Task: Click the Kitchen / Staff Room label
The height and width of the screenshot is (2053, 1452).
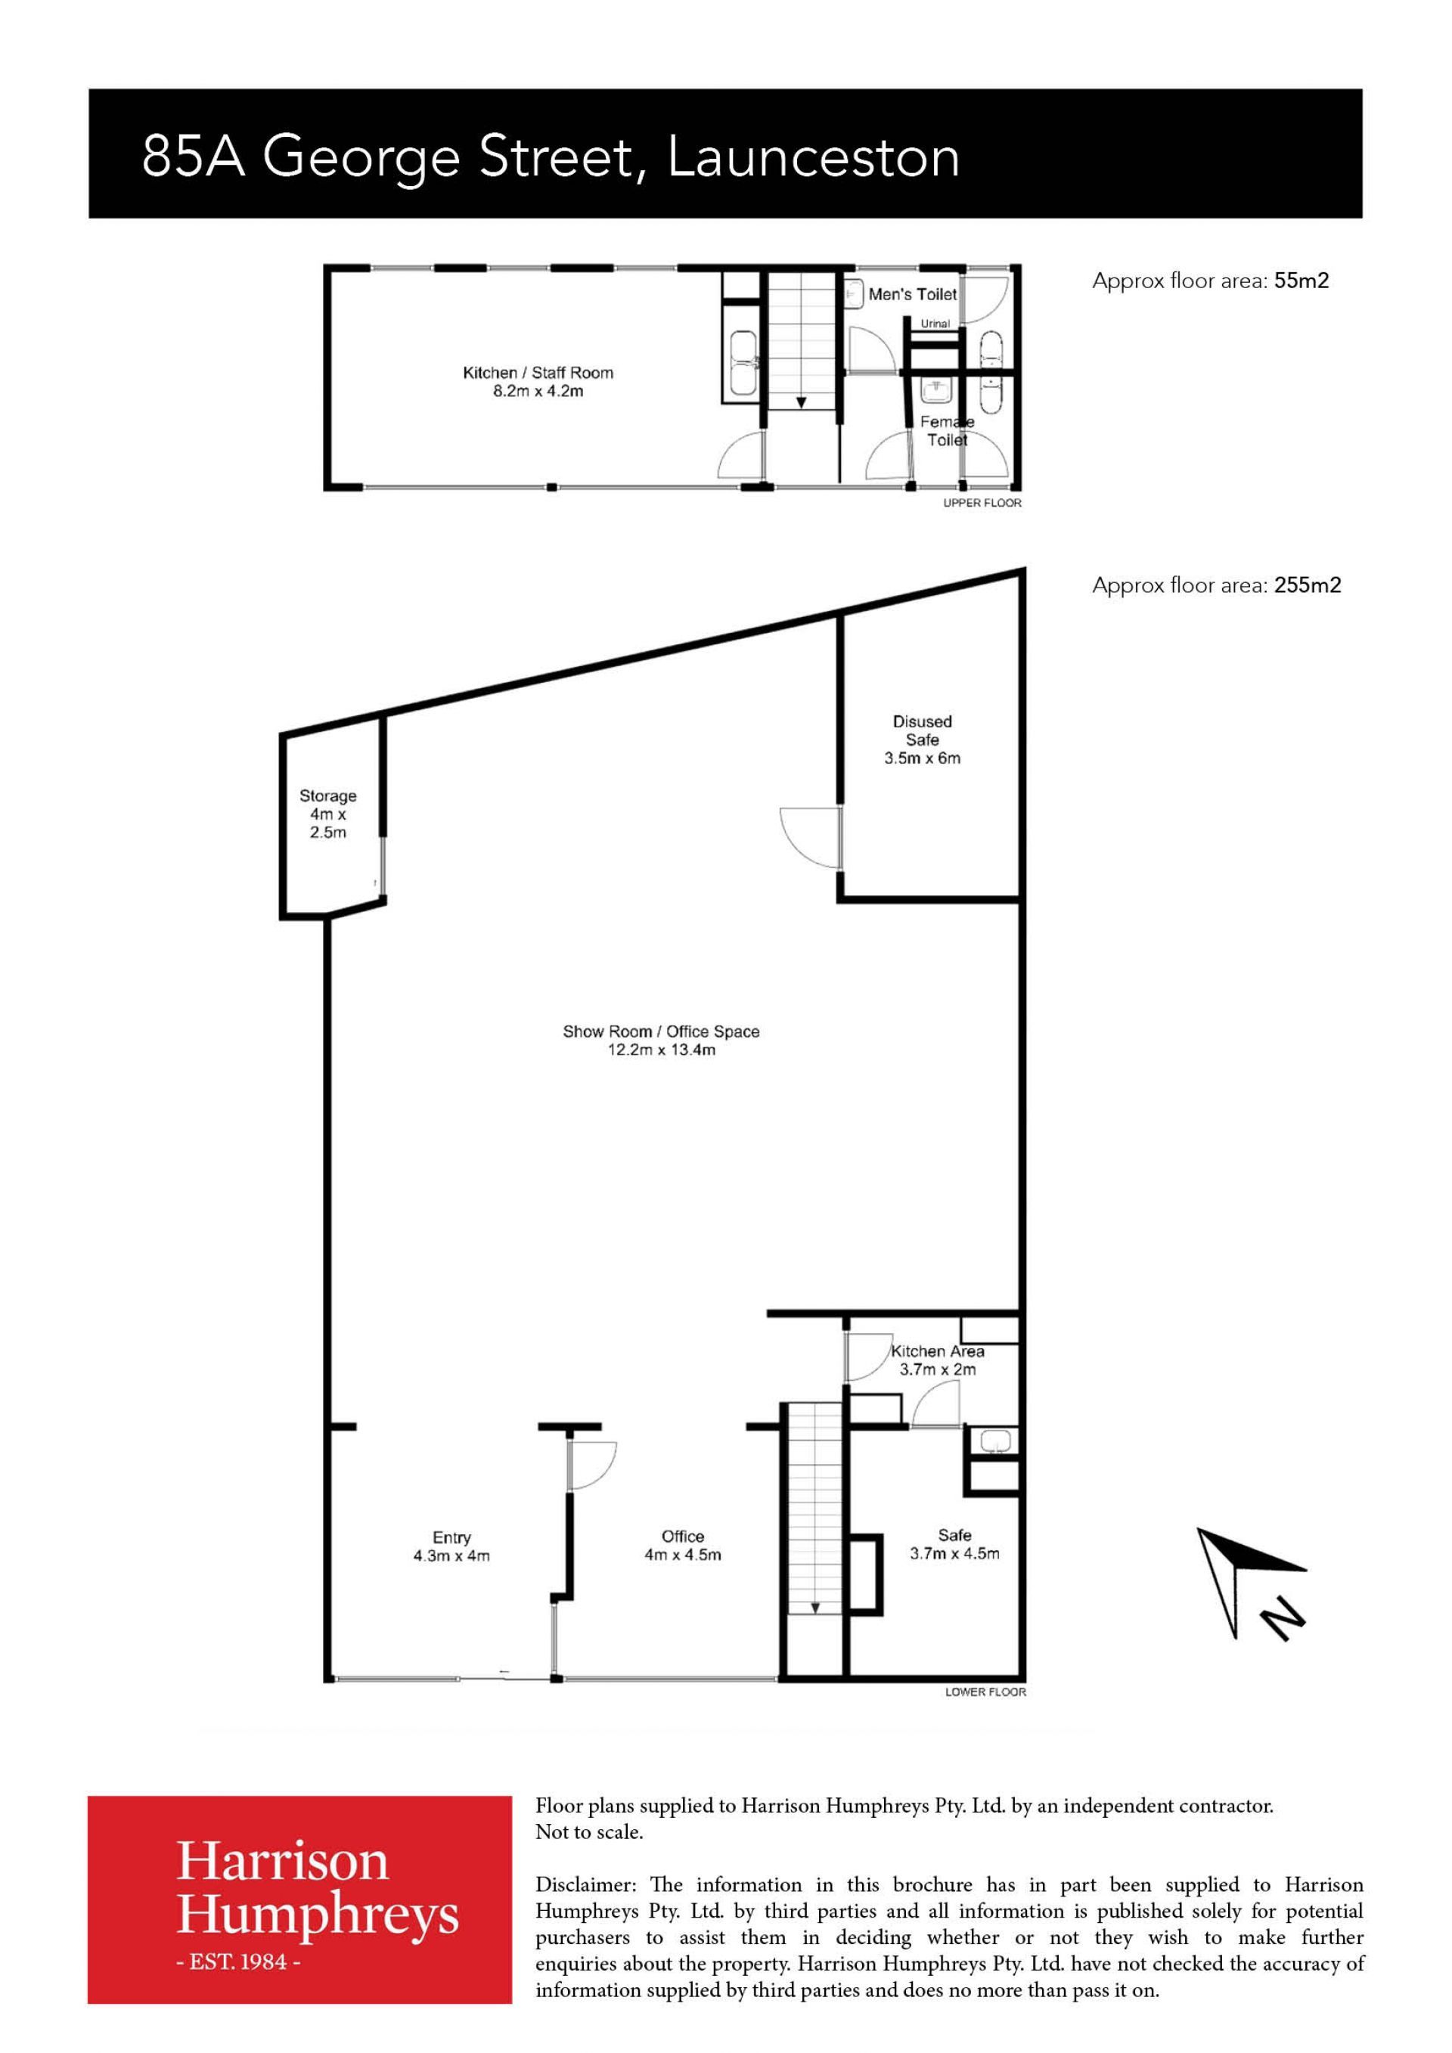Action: pos(538,373)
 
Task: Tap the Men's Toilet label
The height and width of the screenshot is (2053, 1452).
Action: pos(913,294)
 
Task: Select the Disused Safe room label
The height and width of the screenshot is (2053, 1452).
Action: pos(923,740)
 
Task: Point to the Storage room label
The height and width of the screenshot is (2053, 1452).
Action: pos(328,814)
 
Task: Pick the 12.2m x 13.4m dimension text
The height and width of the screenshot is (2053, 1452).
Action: pos(662,1050)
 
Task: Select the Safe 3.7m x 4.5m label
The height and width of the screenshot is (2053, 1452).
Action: pos(955,1544)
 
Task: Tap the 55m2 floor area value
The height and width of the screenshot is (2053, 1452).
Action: pos(1302,281)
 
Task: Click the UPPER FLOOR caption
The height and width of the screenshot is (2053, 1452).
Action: pos(982,504)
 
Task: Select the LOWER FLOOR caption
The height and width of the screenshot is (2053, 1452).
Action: pos(986,1692)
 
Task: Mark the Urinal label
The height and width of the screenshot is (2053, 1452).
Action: pos(935,324)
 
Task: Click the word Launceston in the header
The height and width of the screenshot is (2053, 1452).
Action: pos(814,157)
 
